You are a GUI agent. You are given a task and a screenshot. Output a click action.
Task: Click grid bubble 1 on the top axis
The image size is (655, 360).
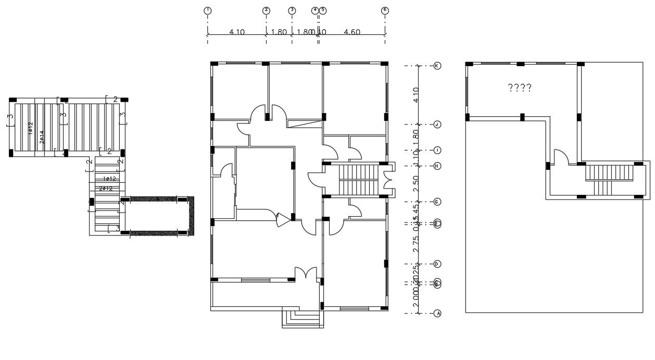[x=208, y=10]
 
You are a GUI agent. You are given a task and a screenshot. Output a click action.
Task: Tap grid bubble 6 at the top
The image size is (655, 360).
[x=385, y=10]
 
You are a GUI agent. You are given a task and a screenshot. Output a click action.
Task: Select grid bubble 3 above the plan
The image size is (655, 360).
[x=292, y=10]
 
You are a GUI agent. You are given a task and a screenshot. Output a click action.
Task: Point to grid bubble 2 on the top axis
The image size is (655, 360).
[x=266, y=10]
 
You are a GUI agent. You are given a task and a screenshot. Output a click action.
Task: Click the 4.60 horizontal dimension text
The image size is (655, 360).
[x=352, y=32]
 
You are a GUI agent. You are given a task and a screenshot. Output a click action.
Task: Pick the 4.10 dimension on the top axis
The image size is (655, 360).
[x=237, y=32]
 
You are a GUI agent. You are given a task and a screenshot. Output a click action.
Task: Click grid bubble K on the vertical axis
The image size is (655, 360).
[x=437, y=66]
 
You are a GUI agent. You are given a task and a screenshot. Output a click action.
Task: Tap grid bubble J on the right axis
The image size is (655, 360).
[x=437, y=125]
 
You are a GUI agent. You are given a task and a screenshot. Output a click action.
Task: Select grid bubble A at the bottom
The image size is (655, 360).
[x=437, y=314]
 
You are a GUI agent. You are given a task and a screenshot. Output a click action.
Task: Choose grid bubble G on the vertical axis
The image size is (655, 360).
[x=437, y=202]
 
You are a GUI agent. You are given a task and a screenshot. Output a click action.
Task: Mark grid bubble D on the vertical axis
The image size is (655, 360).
[x=437, y=264]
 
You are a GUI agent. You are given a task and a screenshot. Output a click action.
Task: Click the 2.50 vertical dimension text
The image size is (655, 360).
[x=415, y=184]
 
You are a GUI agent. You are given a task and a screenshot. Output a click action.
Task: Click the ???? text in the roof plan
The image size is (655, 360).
[x=519, y=88]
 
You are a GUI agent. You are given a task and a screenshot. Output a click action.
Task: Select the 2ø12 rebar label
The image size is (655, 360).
[x=106, y=188]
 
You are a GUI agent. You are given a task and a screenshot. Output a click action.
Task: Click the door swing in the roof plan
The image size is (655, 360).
[x=560, y=157]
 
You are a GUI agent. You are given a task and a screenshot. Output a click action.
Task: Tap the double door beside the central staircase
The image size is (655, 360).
[x=387, y=180]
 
